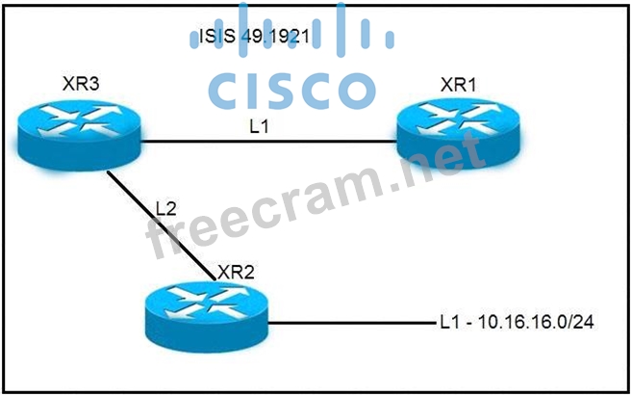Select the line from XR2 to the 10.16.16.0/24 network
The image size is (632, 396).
tap(346, 323)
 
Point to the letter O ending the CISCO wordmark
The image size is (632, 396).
tap(350, 91)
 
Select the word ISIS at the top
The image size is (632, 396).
tap(213, 37)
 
